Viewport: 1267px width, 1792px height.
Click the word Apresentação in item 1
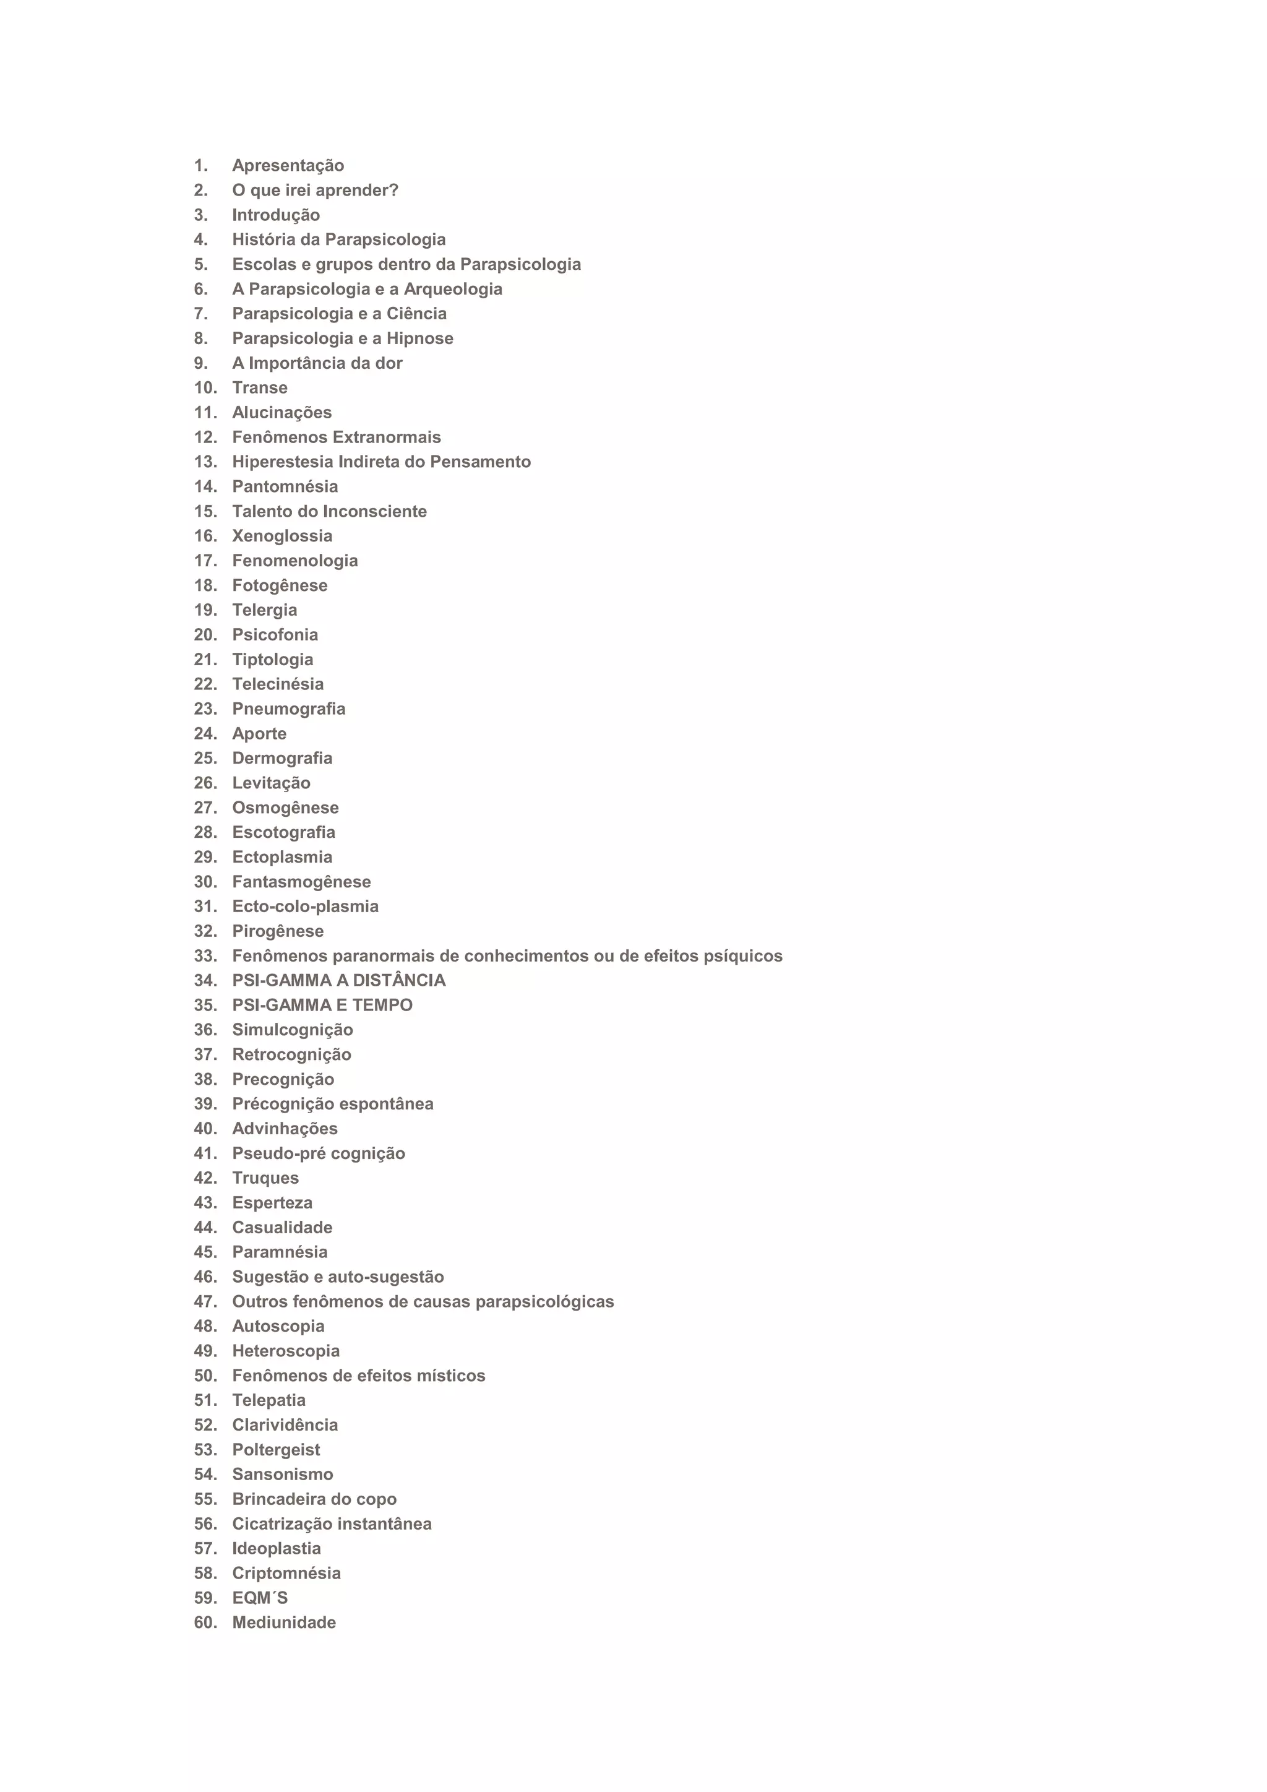pos(288,165)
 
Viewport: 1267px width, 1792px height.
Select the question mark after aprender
pos(394,191)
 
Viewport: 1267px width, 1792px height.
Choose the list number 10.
pos(205,388)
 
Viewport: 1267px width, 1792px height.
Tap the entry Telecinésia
pos(278,684)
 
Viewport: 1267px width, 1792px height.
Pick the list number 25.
pos(205,759)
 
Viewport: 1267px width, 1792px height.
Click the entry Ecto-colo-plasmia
pos(305,907)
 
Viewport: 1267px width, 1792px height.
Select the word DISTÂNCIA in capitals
pos(400,981)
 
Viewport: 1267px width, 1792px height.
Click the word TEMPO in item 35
pos(382,1006)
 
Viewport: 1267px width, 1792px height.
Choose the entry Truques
pos(265,1179)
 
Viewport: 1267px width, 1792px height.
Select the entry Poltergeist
pos(276,1450)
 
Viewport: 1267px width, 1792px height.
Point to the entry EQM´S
pos(260,1598)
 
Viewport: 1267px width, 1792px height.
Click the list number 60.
pos(205,1622)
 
